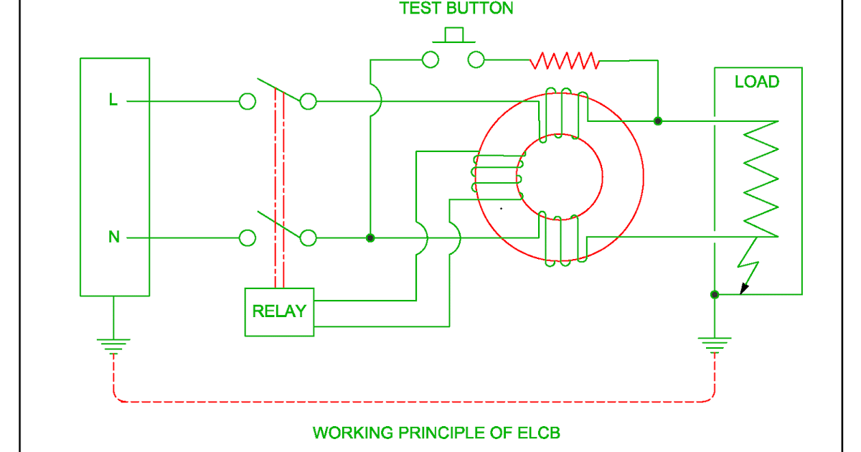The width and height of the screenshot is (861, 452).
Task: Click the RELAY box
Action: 279,311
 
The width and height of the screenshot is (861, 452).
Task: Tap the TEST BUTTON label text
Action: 456,9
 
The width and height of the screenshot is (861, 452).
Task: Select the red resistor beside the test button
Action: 565,60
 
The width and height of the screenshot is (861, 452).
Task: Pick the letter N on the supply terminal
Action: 113,237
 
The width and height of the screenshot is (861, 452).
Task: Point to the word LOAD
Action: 756,82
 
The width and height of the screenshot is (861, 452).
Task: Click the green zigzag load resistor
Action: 761,179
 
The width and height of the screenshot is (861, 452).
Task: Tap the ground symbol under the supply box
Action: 113,347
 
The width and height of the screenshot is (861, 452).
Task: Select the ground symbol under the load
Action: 715,346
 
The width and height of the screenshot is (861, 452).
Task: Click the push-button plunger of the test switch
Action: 453,35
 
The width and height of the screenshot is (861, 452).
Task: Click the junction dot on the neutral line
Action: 370,237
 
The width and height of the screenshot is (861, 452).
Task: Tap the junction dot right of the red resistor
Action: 658,121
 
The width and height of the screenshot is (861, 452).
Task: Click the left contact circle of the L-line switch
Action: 247,102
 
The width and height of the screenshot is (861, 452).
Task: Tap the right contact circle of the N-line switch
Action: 308,237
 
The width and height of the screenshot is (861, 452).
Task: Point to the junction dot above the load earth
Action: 714,294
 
